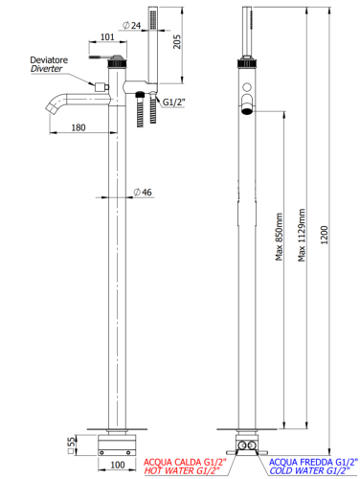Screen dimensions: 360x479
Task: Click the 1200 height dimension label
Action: [325, 235]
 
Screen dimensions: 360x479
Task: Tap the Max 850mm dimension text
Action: [280, 237]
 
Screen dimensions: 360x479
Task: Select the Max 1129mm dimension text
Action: [302, 236]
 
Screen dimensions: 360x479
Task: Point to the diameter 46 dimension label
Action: [143, 193]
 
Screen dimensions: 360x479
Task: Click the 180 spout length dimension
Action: [79, 127]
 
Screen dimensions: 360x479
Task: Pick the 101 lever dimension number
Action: [107, 37]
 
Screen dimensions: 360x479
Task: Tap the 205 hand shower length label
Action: [176, 42]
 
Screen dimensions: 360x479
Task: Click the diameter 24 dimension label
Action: [132, 25]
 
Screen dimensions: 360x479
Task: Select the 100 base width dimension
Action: [117, 465]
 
